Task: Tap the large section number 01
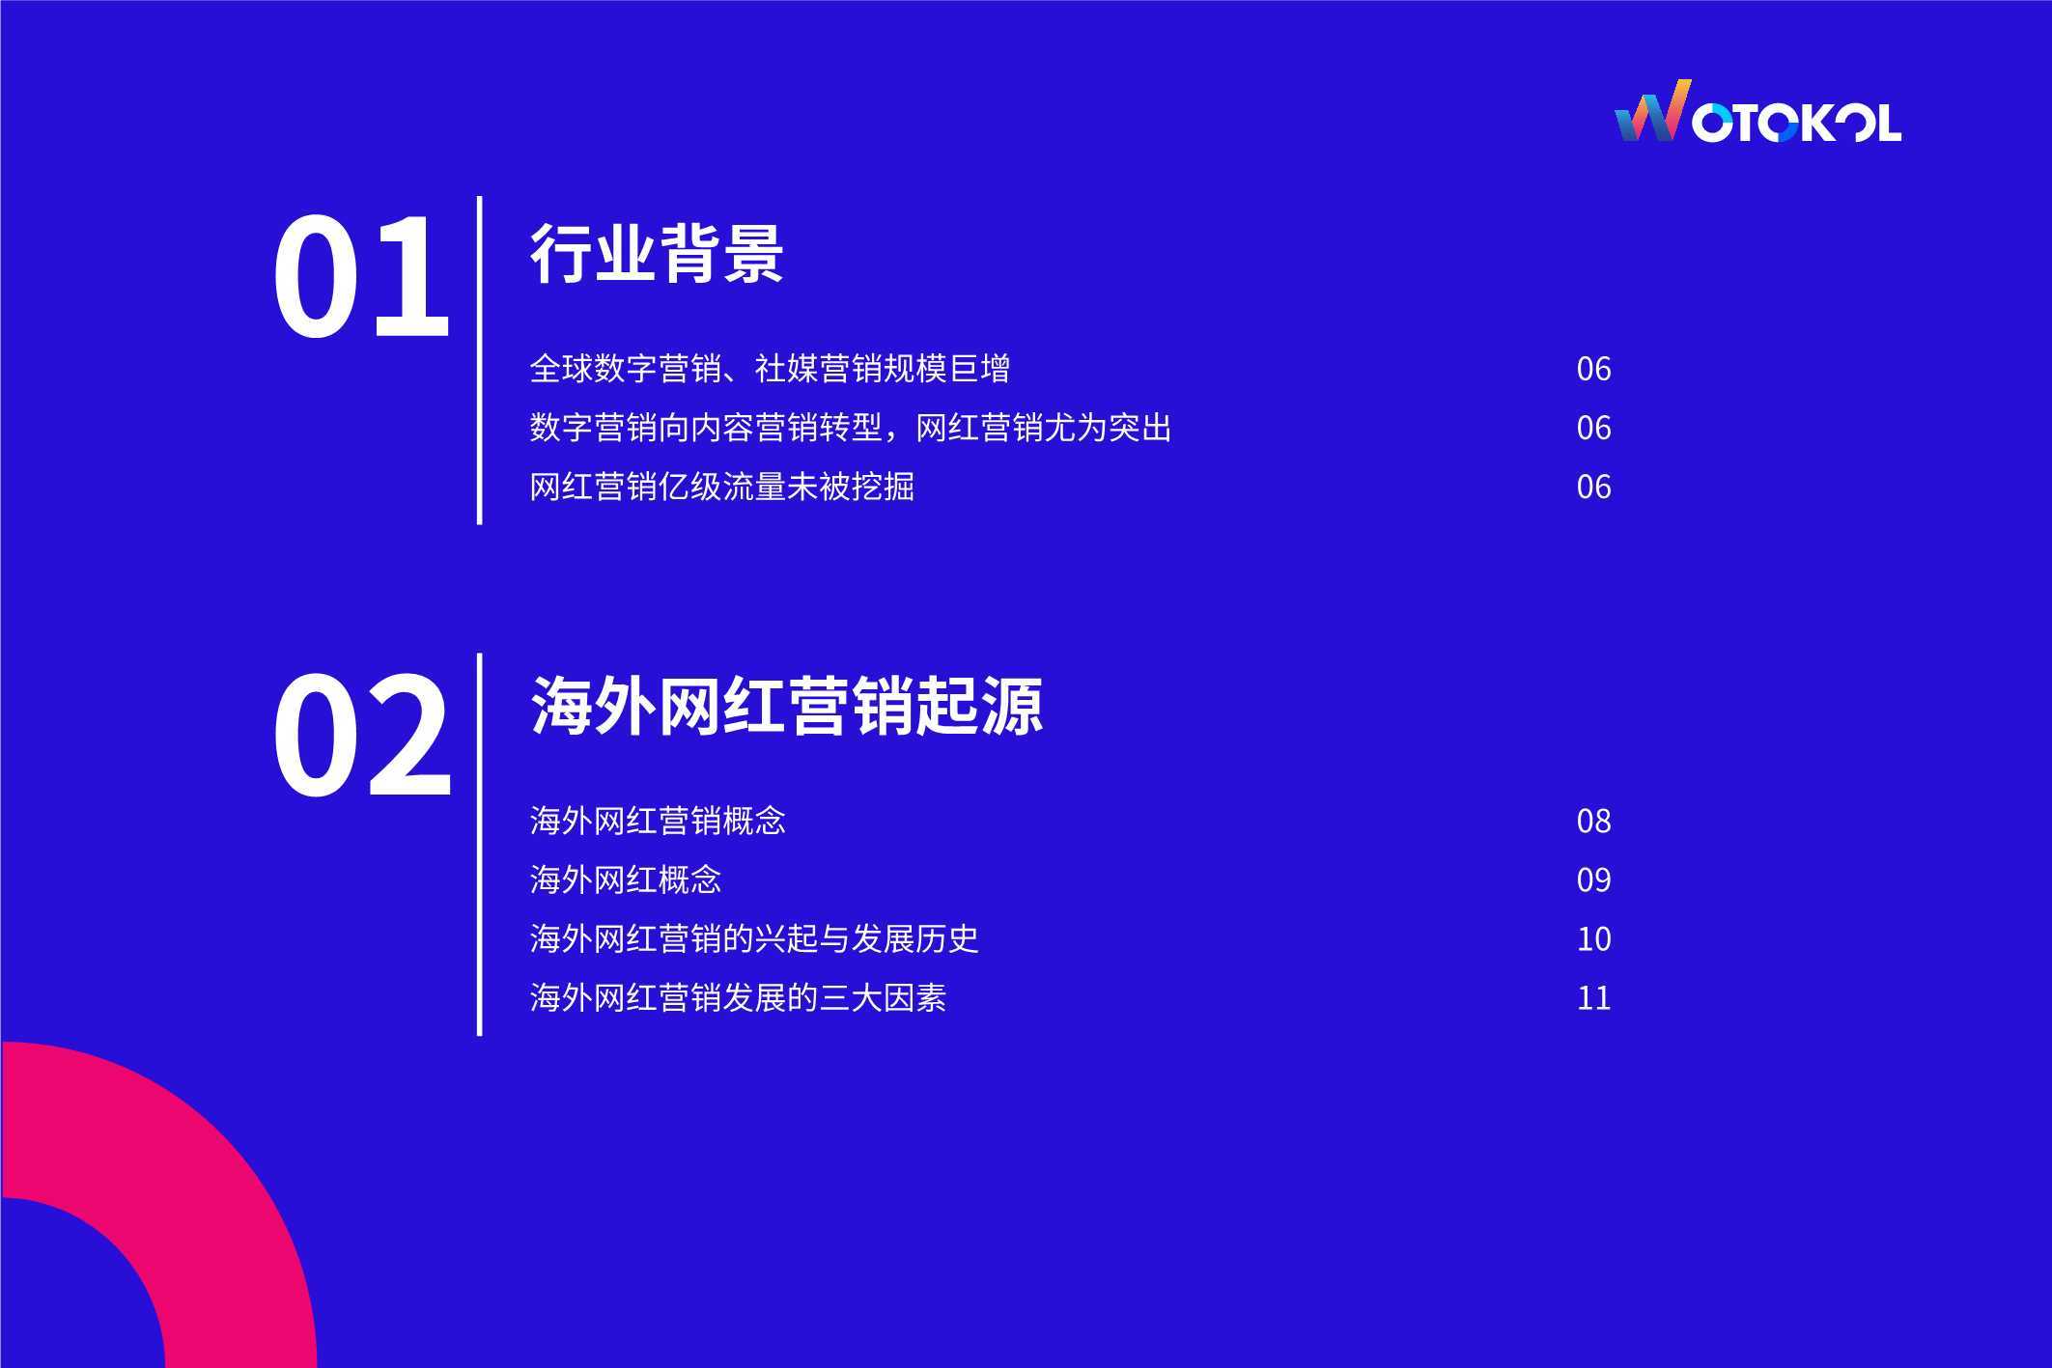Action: click(361, 278)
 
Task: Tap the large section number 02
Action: click(362, 736)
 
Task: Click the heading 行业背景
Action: click(657, 253)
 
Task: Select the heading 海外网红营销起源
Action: click(787, 706)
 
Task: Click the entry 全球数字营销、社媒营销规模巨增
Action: click(770, 369)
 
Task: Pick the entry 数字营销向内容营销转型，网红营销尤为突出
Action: click(851, 428)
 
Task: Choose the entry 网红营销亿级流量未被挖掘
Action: click(721, 487)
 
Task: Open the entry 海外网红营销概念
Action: click(658, 821)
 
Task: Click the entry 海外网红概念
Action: click(626, 879)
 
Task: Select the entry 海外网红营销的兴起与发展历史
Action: click(754, 938)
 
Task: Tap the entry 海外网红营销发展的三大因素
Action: click(738, 997)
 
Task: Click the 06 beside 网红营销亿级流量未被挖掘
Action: click(1593, 487)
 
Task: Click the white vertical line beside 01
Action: click(479, 360)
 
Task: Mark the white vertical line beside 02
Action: click(479, 845)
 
